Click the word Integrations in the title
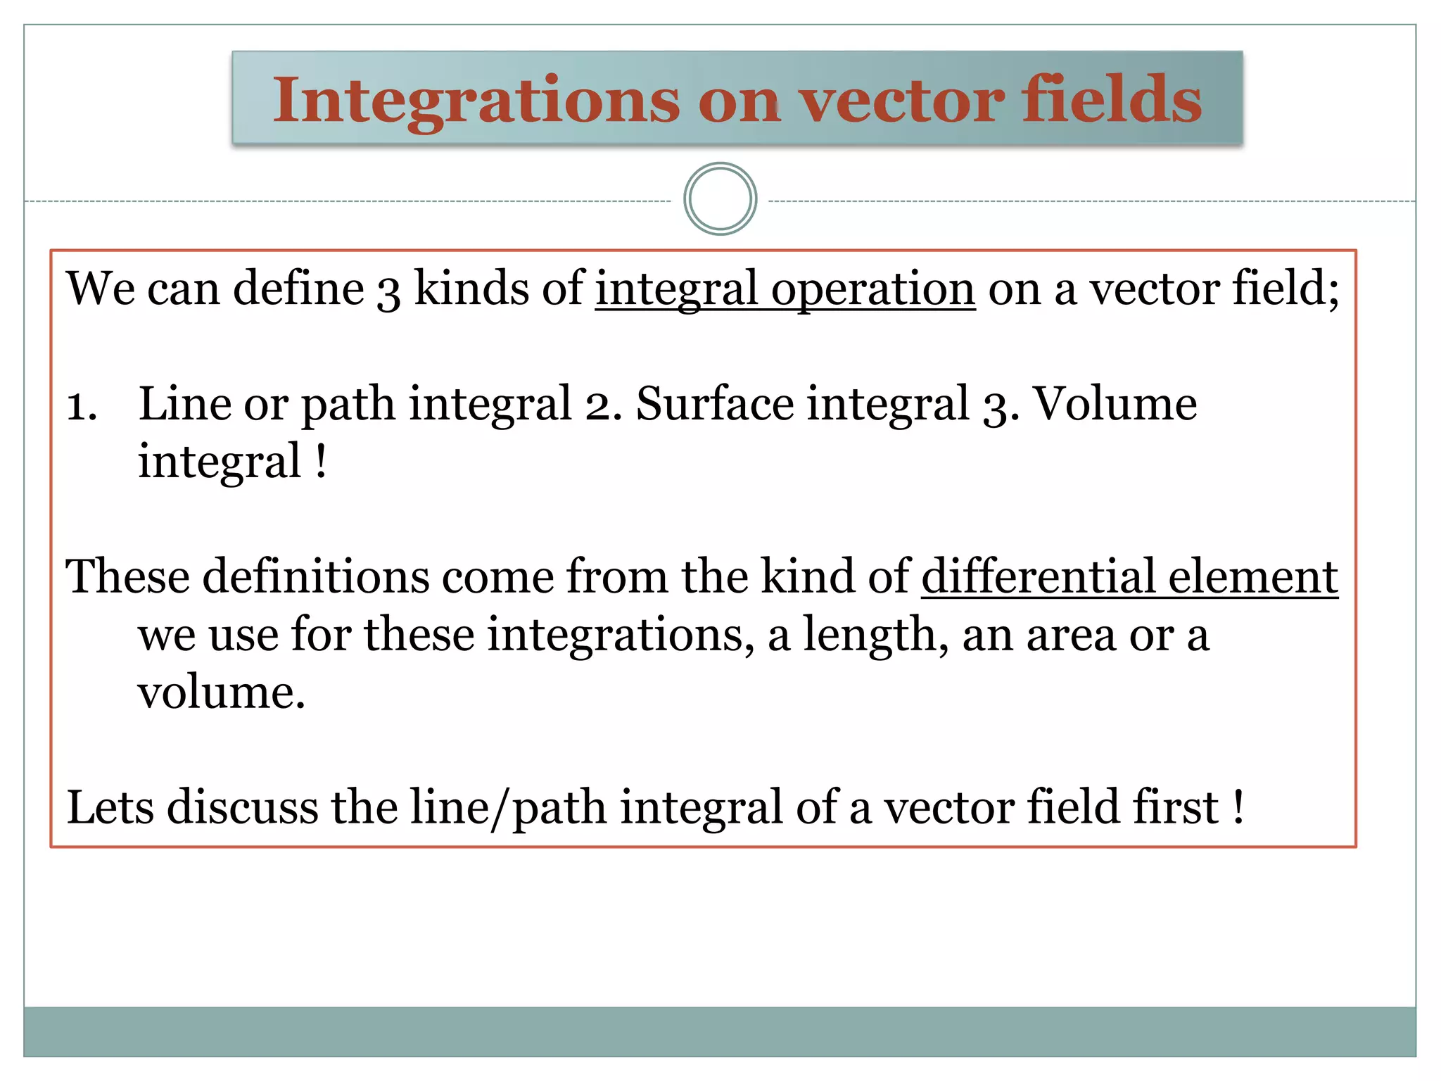(x=476, y=101)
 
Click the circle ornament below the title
(x=720, y=199)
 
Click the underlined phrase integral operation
(x=785, y=290)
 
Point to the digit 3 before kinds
(x=388, y=291)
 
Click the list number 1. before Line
(x=82, y=406)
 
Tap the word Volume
(x=1115, y=404)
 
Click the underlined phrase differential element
(x=1129, y=577)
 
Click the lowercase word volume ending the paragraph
(x=221, y=693)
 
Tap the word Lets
(x=110, y=807)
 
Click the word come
(x=498, y=577)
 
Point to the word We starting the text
(x=100, y=289)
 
